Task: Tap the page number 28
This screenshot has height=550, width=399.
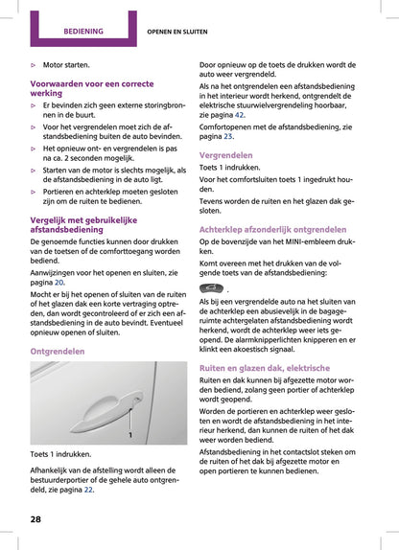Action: [35, 518]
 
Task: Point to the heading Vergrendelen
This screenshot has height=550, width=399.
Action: [226, 154]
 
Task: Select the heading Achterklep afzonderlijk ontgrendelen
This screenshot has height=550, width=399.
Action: [273, 231]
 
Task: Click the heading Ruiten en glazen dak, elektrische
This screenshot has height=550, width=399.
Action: [264, 367]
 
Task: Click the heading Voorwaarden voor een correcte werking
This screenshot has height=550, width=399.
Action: [85, 89]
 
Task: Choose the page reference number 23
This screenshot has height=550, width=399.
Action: [228, 136]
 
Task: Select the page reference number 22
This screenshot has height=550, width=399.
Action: [88, 489]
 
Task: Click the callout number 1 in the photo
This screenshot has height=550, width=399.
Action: [129, 434]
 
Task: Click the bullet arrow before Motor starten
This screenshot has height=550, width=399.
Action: [34, 66]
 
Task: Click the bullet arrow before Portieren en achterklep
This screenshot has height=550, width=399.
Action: [34, 191]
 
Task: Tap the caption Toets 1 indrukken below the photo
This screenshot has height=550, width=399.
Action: [61, 453]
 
